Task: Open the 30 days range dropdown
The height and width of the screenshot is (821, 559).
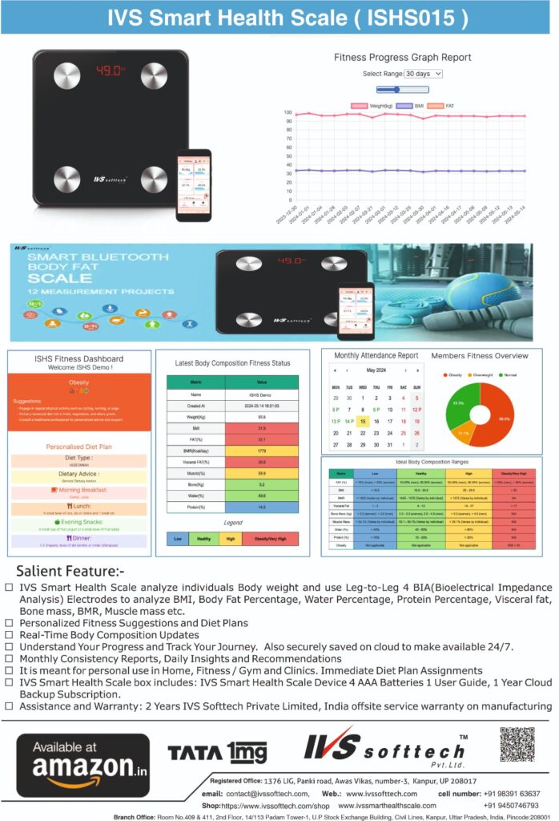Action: (423, 74)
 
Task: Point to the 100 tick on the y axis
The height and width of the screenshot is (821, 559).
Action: (288, 114)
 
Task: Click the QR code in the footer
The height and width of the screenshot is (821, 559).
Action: (517, 745)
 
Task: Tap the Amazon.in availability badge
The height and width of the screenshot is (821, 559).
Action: (83, 764)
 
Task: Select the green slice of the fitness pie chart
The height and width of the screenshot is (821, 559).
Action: (460, 402)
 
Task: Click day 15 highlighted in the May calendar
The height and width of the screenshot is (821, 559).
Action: (363, 421)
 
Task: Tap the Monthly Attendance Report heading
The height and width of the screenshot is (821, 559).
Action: (376, 355)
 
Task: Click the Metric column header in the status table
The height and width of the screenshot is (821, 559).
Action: (195, 382)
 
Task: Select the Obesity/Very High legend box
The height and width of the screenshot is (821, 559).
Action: (269, 538)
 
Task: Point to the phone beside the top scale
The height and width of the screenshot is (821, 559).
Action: (194, 184)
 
